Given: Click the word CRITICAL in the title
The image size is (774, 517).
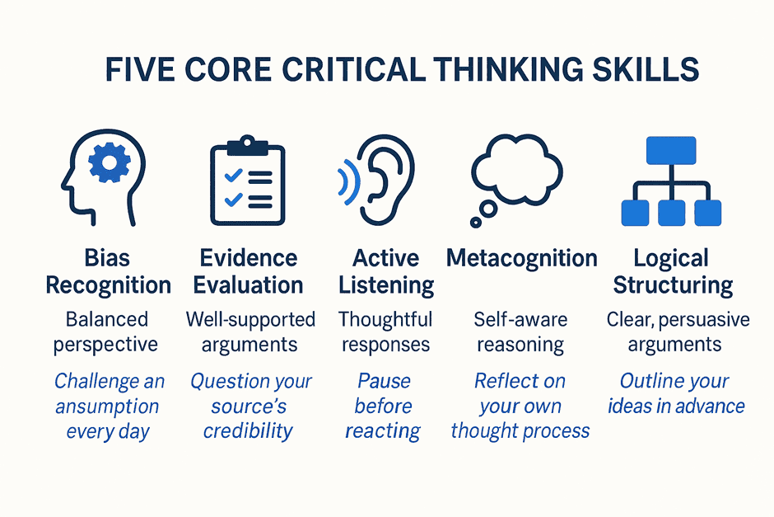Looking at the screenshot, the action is (x=353, y=69).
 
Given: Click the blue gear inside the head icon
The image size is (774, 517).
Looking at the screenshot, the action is (x=109, y=162).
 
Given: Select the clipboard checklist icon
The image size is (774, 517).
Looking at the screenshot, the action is (x=248, y=181).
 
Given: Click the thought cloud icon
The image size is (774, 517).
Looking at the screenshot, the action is (x=515, y=171).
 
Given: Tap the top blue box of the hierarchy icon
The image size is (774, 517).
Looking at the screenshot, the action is (x=671, y=150).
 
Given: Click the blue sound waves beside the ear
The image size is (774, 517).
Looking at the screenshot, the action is (x=348, y=182).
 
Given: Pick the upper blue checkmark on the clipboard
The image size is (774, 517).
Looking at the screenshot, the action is (x=234, y=176).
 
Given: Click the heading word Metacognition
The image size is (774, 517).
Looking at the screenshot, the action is (x=522, y=258).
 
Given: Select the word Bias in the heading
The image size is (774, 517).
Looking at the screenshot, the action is (x=107, y=258).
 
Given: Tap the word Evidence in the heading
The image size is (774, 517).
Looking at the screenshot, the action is (x=249, y=258).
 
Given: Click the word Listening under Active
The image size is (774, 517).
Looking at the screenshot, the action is (x=386, y=285).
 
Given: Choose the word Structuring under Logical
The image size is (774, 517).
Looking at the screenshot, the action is (x=673, y=285).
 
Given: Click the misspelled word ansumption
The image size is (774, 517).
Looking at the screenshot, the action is (x=107, y=407).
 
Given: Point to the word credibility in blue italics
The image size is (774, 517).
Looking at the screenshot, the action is (x=248, y=431).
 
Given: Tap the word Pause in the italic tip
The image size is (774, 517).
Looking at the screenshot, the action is (x=384, y=381).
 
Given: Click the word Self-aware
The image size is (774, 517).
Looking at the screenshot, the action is (x=520, y=320).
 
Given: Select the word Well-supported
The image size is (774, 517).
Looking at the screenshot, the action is (x=251, y=320).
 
